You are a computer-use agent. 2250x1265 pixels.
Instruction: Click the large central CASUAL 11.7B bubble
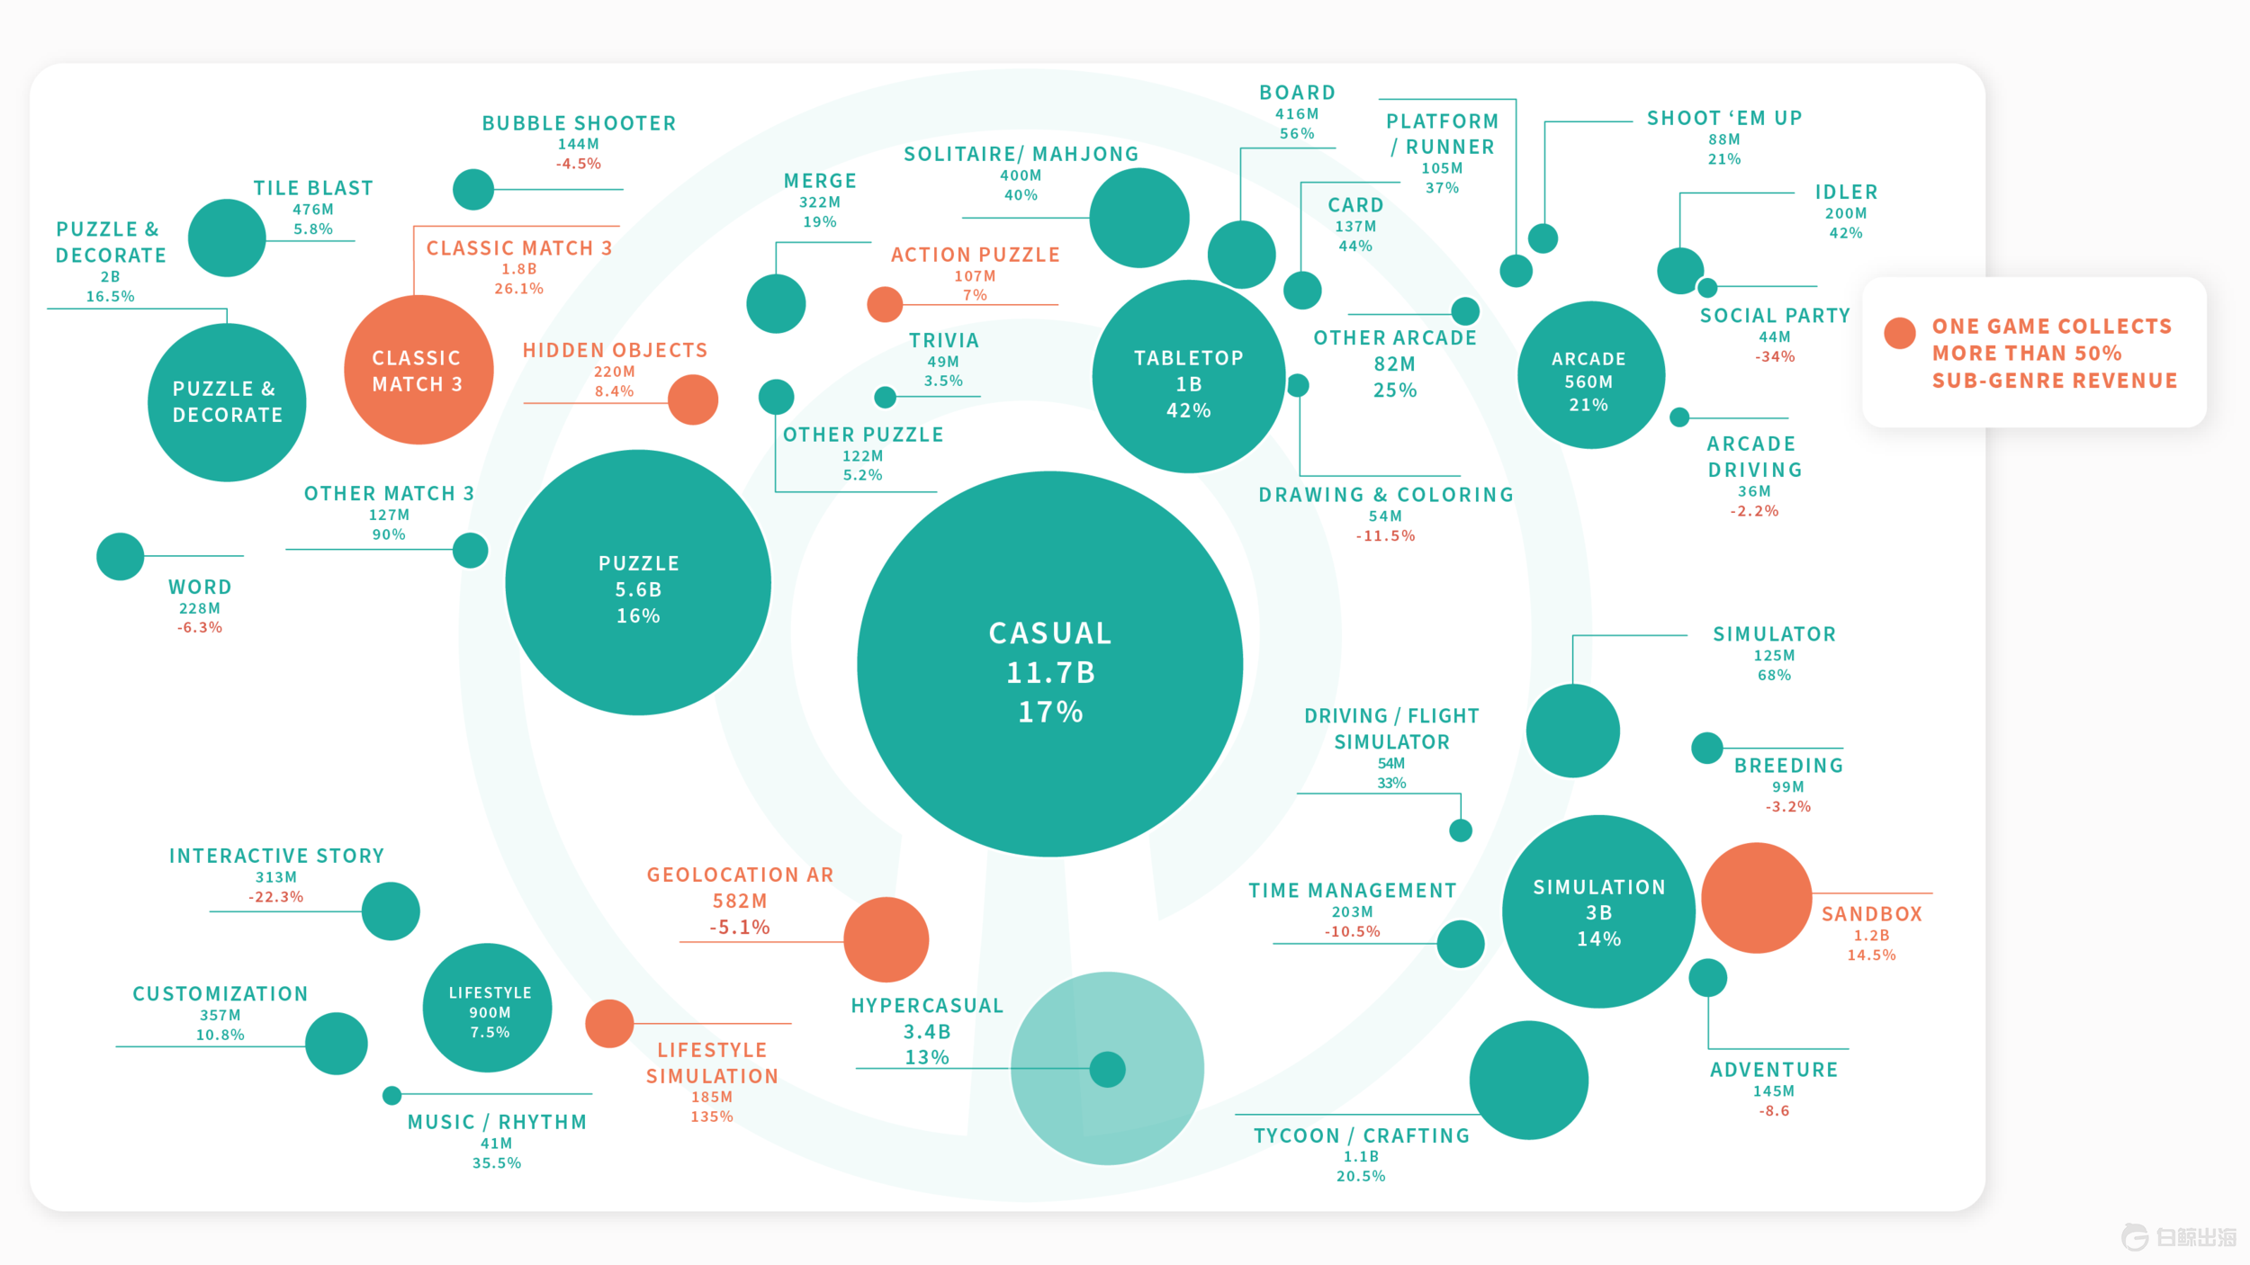1049,664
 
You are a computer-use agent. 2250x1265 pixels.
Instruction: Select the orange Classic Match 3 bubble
418,370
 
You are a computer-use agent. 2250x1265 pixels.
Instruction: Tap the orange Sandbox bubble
1756,897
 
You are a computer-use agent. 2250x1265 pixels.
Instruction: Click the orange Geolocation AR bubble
886,939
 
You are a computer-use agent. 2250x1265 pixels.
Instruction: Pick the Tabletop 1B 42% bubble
1188,376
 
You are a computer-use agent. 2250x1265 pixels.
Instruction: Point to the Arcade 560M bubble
1590,375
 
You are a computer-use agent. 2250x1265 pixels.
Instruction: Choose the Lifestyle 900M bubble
488,1008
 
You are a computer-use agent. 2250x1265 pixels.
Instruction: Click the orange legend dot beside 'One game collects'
1899,333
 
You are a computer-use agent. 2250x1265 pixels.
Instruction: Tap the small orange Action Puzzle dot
885,304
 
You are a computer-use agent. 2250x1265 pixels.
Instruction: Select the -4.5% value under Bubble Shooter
579,164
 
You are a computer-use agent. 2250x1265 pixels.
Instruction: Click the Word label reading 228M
200,608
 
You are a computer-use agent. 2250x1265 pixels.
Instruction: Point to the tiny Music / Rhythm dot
391,1095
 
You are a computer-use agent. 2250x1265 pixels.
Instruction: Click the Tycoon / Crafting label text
1361,1135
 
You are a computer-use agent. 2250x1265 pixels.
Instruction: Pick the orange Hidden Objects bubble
693,399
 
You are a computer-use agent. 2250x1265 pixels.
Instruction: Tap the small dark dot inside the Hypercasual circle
1107,1069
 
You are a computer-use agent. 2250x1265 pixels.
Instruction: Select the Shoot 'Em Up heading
1723,118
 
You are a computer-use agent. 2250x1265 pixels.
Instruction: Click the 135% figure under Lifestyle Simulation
712,1117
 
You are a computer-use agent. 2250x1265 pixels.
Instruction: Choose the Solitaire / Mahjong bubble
1138,218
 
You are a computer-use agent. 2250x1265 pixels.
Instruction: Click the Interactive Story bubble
391,911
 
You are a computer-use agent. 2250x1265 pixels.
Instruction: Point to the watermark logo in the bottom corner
2178,1237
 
